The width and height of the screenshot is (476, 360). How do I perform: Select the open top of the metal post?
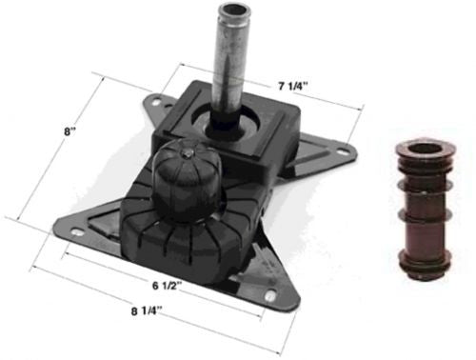point(232,12)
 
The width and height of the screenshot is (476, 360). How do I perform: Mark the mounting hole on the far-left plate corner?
point(63,228)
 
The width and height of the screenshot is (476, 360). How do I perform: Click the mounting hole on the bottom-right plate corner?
point(270,296)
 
